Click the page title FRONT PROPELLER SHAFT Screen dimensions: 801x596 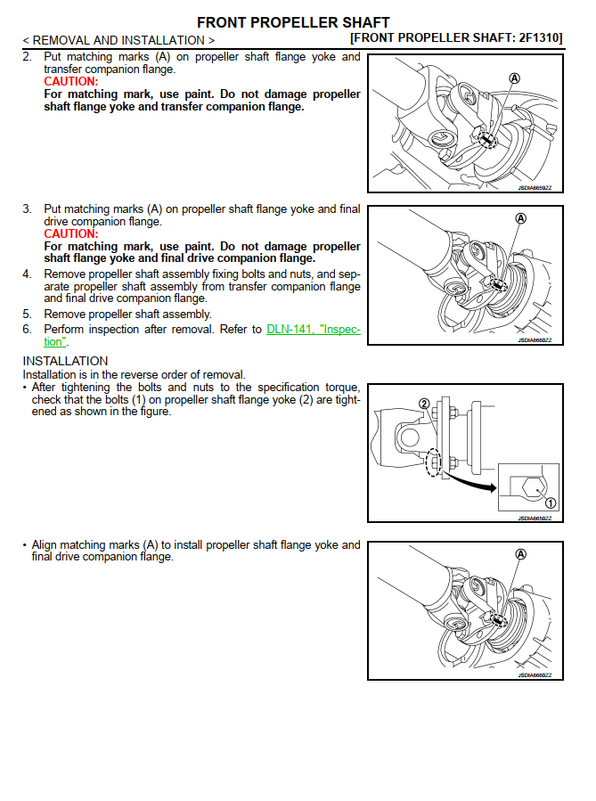point(292,22)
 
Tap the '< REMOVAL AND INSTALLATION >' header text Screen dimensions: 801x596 point(118,40)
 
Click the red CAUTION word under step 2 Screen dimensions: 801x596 point(70,82)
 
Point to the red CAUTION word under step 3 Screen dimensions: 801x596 point(70,234)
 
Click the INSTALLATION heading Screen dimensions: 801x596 point(65,361)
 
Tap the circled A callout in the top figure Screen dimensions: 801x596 point(514,78)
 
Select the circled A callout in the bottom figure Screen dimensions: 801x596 point(521,554)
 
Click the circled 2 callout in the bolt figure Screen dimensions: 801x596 point(425,404)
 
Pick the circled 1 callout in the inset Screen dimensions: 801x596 point(550,503)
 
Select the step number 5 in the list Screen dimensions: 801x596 point(27,315)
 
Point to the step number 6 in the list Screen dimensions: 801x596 point(27,330)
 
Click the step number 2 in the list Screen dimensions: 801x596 point(27,57)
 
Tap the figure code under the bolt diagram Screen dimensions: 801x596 point(535,518)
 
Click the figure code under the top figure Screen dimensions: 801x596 point(535,188)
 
